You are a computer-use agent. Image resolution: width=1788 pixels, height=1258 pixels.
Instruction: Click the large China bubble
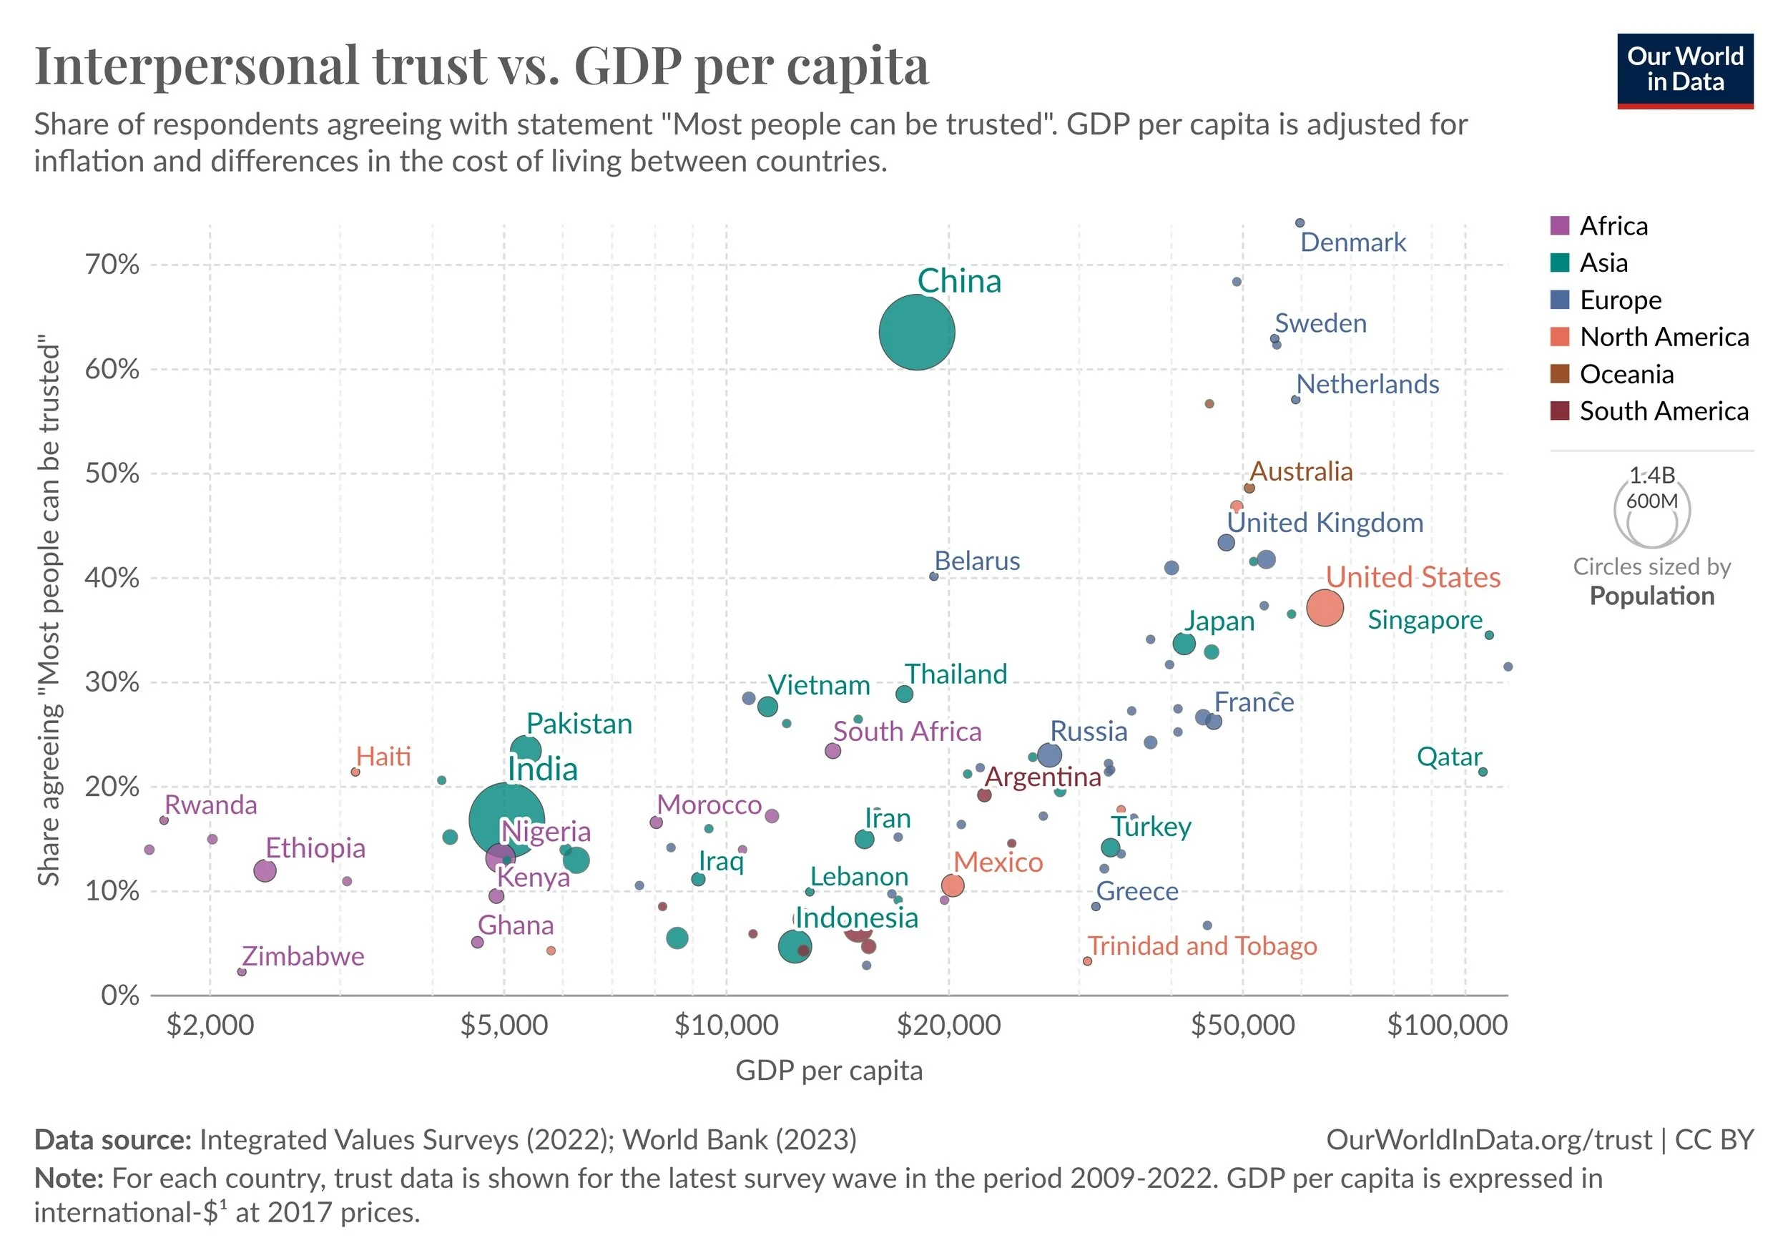coord(917,333)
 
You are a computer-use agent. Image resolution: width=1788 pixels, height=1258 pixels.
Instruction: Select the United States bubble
coord(1325,608)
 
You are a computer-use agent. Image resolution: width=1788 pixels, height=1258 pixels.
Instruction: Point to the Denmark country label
coord(1352,242)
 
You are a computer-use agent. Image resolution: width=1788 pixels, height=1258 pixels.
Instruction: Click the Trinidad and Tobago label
coord(1202,945)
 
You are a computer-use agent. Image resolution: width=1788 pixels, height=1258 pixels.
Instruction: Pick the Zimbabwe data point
coord(242,971)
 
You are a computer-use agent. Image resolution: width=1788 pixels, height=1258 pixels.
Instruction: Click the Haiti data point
coord(355,772)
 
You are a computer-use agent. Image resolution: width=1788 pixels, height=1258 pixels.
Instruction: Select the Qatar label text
coord(1448,757)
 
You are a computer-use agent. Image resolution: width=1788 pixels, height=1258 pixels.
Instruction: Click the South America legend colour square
coord(1560,411)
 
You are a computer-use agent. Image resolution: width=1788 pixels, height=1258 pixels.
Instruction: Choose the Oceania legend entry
coord(1626,374)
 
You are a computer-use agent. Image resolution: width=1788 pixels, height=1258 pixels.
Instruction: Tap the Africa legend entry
coord(1613,226)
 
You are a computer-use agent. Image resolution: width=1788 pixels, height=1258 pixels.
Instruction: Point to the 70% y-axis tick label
coord(112,265)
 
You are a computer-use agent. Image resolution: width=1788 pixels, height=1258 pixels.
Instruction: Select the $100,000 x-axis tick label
coord(1447,1025)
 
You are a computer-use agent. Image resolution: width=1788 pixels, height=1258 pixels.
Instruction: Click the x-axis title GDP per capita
coord(829,1071)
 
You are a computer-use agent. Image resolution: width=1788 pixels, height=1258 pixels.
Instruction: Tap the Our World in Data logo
coord(1685,70)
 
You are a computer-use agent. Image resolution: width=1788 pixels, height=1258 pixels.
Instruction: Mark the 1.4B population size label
coord(1651,474)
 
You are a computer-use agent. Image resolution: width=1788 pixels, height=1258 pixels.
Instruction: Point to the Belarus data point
coord(934,576)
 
